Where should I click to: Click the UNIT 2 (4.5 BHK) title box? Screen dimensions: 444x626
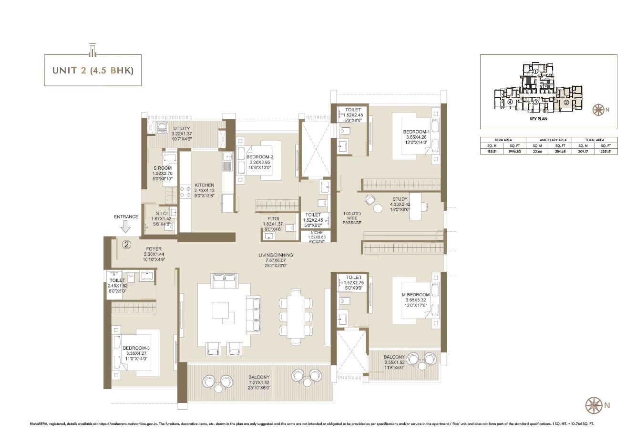(92, 71)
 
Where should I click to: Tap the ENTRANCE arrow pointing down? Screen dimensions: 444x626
(126, 227)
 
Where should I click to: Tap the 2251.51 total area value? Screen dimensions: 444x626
(604, 151)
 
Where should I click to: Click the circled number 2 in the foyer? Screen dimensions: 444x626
(126, 245)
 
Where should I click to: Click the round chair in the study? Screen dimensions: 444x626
(378, 208)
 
